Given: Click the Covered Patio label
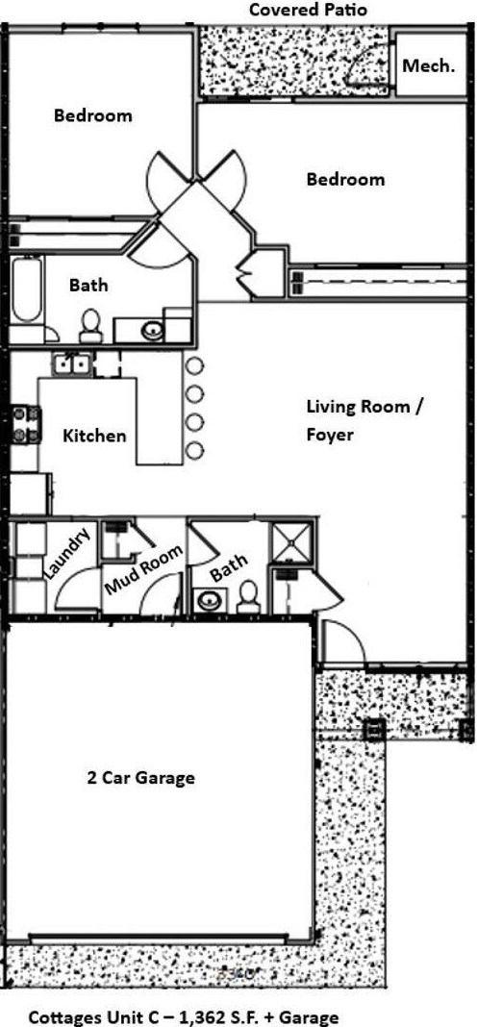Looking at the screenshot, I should [308, 11].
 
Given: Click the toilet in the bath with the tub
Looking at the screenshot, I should [91, 325].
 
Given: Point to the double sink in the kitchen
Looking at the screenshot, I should [72, 364].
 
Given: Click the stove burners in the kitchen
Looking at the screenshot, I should [25, 423].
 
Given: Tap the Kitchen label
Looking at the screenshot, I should [94, 436].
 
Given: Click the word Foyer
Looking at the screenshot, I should [330, 435].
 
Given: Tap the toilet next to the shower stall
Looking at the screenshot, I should [248, 598].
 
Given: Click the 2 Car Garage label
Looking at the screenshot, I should [140, 777].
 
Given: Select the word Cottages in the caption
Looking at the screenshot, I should [63, 1016].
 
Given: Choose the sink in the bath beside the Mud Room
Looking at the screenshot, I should [208, 602].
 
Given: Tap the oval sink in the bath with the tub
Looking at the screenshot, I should [152, 331].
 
